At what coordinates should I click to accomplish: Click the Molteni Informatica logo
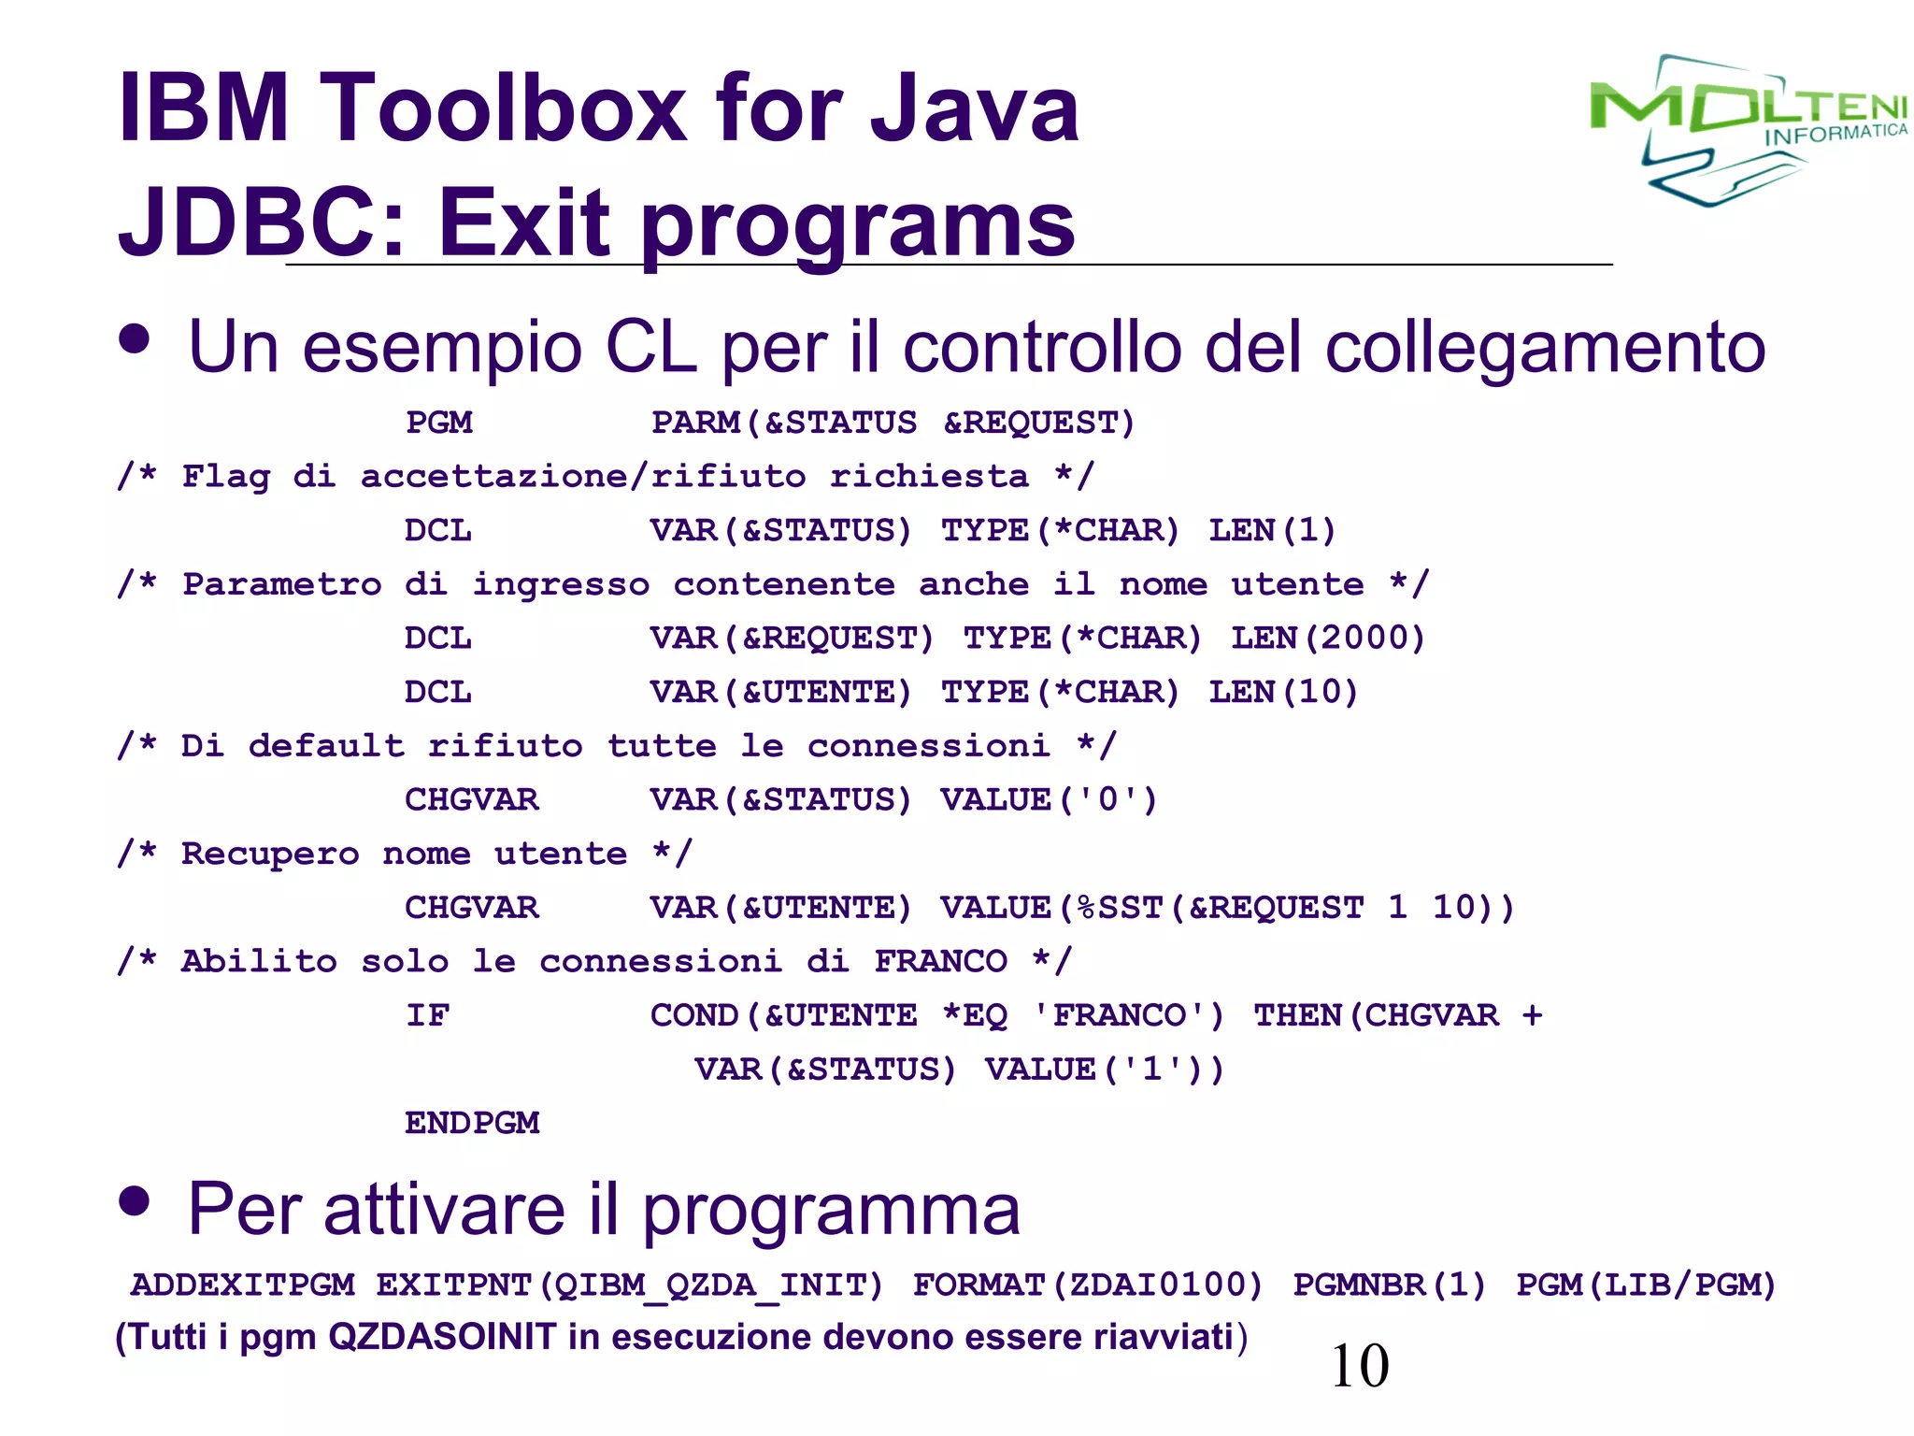coord(1746,129)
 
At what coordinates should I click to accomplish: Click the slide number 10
coord(1359,1366)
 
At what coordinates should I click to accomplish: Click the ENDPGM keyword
coord(472,1123)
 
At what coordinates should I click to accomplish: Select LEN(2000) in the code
coord(1327,639)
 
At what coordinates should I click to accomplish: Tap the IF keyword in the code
coord(428,1015)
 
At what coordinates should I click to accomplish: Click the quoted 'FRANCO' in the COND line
coord(1127,1015)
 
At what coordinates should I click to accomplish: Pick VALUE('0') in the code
coord(1049,800)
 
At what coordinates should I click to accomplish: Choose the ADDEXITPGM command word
coord(243,1285)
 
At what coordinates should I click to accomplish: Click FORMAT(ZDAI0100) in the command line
coord(1087,1285)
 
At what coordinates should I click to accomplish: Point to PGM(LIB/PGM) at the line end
coord(1645,1285)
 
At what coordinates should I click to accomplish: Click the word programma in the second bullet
coord(831,1211)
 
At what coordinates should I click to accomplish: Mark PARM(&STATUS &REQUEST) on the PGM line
coord(893,423)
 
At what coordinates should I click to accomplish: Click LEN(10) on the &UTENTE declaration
coord(1282,693)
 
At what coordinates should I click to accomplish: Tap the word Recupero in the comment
coord(270,854)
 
